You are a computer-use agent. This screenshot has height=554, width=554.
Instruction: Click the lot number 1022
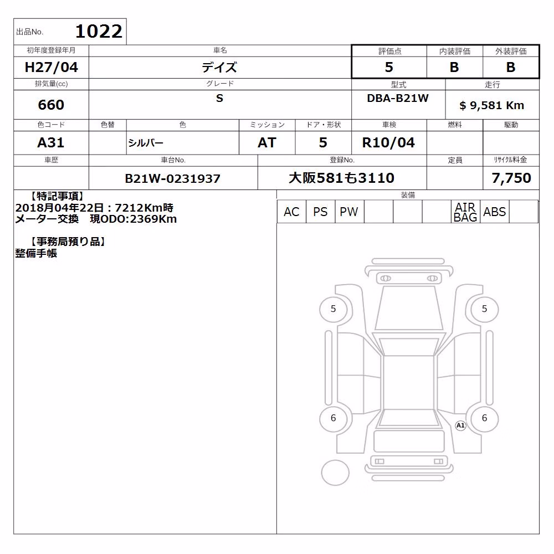[x=99, y=32]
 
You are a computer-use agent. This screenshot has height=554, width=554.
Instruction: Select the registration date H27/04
[x=51, y=67]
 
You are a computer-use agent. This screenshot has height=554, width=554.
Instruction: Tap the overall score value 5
[x=389, y=67]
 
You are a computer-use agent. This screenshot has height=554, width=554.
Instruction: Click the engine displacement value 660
[x=51, y=105]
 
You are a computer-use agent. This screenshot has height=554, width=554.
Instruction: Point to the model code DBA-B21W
[x=398, y=98]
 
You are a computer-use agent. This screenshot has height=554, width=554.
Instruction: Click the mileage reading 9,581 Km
[x=497, y=105]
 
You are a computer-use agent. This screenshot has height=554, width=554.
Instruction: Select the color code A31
[x=51, y=143]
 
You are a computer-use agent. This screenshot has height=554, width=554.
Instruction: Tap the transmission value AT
[x=267, y=143]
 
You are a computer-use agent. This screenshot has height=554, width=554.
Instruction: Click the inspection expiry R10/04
[x=389, y=143]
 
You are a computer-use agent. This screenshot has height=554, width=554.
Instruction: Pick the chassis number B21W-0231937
[x=173, y=178]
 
